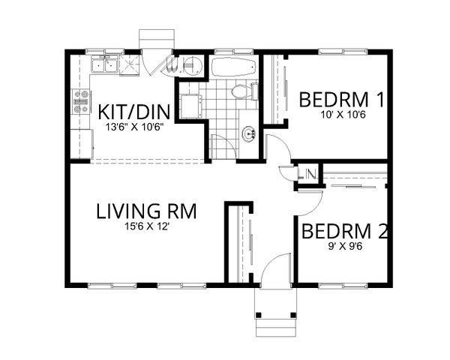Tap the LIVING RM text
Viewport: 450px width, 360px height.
click(x=146, y=211)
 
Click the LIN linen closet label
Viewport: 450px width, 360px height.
click(x=307, y=175)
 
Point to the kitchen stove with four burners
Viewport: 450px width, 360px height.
click(x=79, y=102)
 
